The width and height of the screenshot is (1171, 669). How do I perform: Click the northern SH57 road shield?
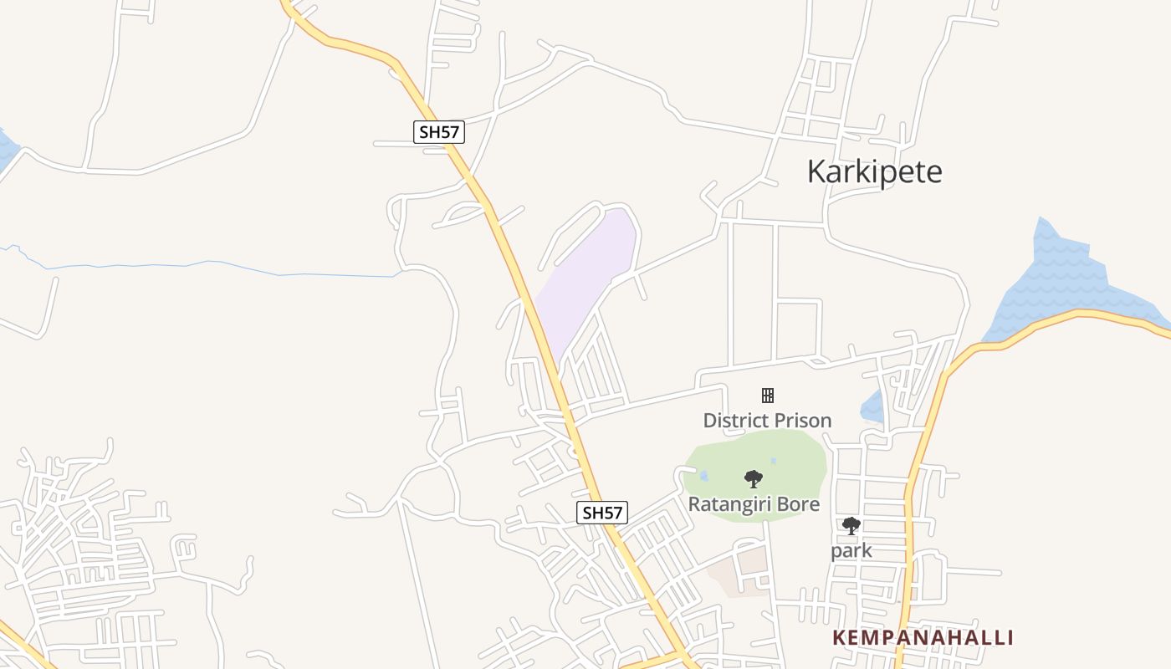(x=439, y=132)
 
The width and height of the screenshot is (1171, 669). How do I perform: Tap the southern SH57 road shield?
(x=602, y=513)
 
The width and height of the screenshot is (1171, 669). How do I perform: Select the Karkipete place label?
(x=874, y=171)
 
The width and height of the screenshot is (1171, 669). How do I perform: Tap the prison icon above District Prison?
(x=767, y=396)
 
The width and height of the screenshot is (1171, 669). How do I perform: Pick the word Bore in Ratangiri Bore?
(x=800, y=504)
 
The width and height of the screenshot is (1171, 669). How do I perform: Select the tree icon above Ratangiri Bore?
(x=754, y=479)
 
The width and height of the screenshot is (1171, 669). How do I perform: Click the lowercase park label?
(x=851, y=550)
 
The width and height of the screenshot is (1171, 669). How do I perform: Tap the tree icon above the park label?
(x=851, y=526)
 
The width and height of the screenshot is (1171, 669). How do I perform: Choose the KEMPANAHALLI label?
(x=923, y=638)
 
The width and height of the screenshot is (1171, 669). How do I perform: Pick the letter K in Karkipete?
(x=816, y=171)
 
